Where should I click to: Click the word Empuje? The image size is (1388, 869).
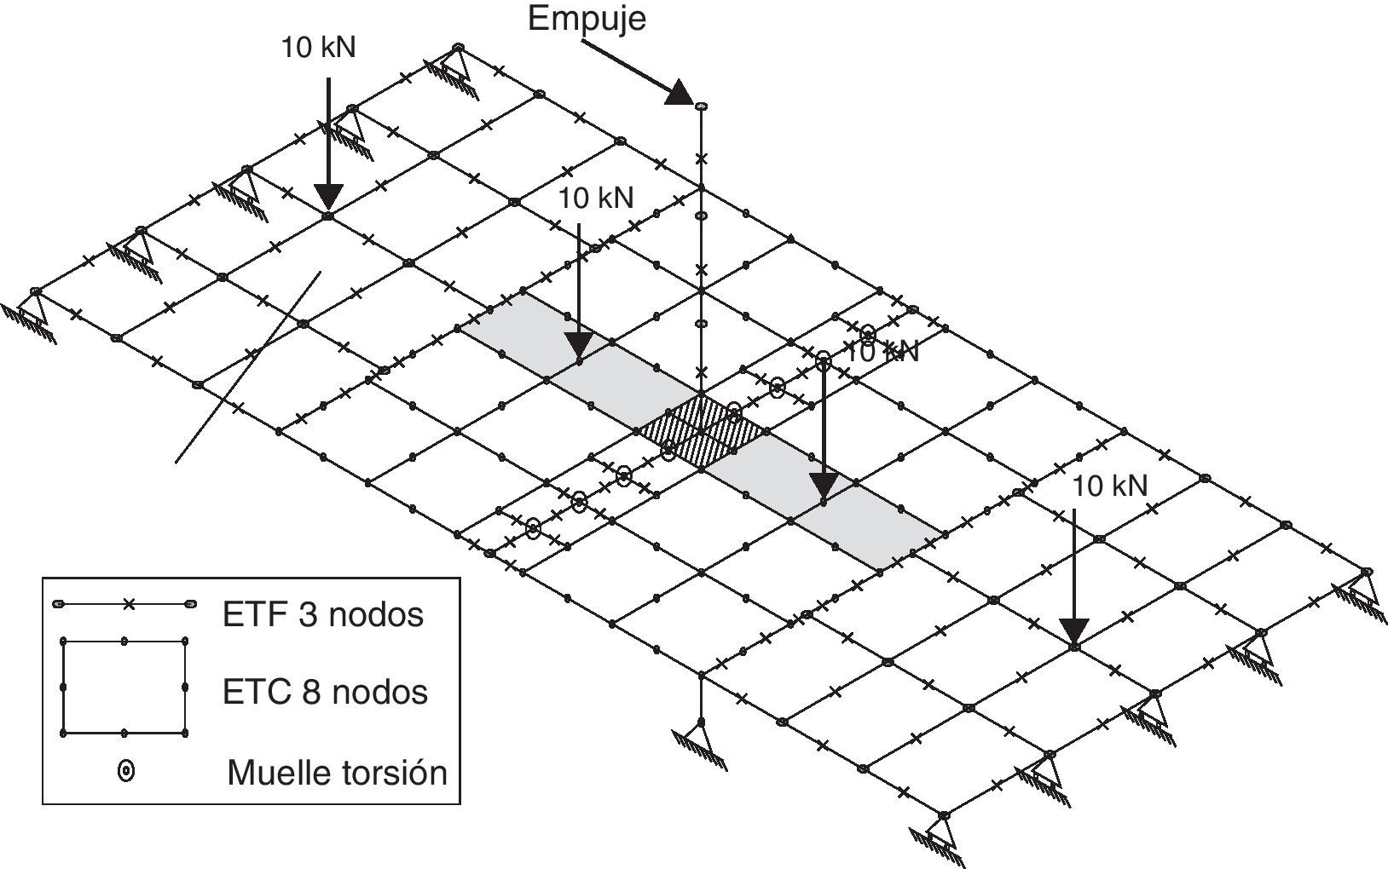(x=587, y=18)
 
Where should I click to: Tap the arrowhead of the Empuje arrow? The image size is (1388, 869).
(x=680, y=92)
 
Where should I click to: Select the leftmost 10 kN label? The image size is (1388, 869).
(x=318, y=47)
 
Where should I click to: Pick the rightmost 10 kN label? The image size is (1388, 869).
(x=1109, y=486)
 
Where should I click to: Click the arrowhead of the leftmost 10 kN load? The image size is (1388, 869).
(x=328, y=196)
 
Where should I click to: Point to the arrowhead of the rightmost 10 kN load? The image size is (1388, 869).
(x=1074, y=630)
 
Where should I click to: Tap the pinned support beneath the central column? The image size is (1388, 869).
(x=700, y=737)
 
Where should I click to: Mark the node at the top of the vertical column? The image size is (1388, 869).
(x=701, y=106)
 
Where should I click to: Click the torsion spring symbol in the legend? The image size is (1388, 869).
(x=126, y=772)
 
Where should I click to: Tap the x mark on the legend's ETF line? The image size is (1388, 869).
(x=128, y=604)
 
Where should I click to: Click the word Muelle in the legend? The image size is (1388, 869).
(x=278, y=773)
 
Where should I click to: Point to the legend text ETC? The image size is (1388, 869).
(x=254, y=691)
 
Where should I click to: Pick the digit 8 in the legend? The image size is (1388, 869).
(x=310, y=691)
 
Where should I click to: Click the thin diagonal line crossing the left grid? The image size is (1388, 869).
(x=247, y=366)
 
